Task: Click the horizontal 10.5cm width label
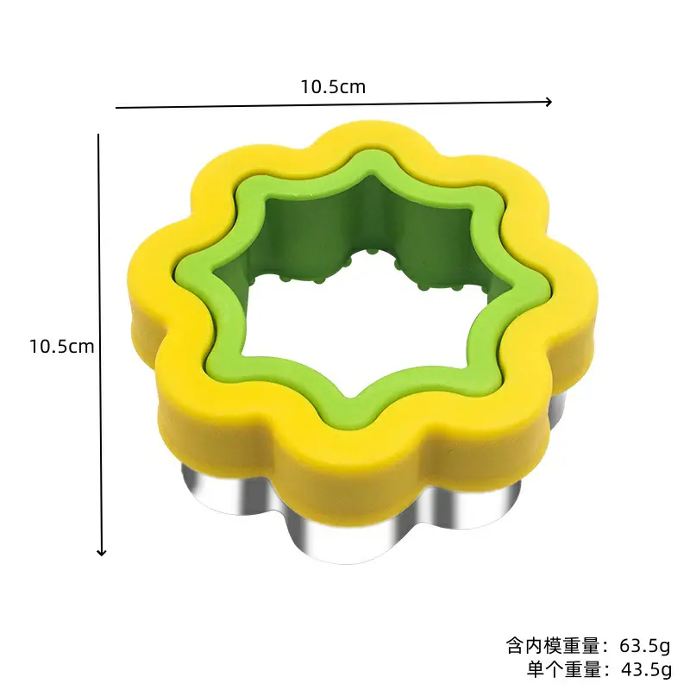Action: (x=333, y=87)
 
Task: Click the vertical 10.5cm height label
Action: (x=61, y=347)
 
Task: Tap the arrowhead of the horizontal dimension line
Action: (x=549, y=102)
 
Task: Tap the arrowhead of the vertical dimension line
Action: (x=102, y=552)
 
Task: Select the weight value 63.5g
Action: (x=644, y=646)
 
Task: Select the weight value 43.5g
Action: (x=646, y=669)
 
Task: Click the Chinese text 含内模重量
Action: (x=553, y=646)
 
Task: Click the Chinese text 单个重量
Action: (x=564, y=669)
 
